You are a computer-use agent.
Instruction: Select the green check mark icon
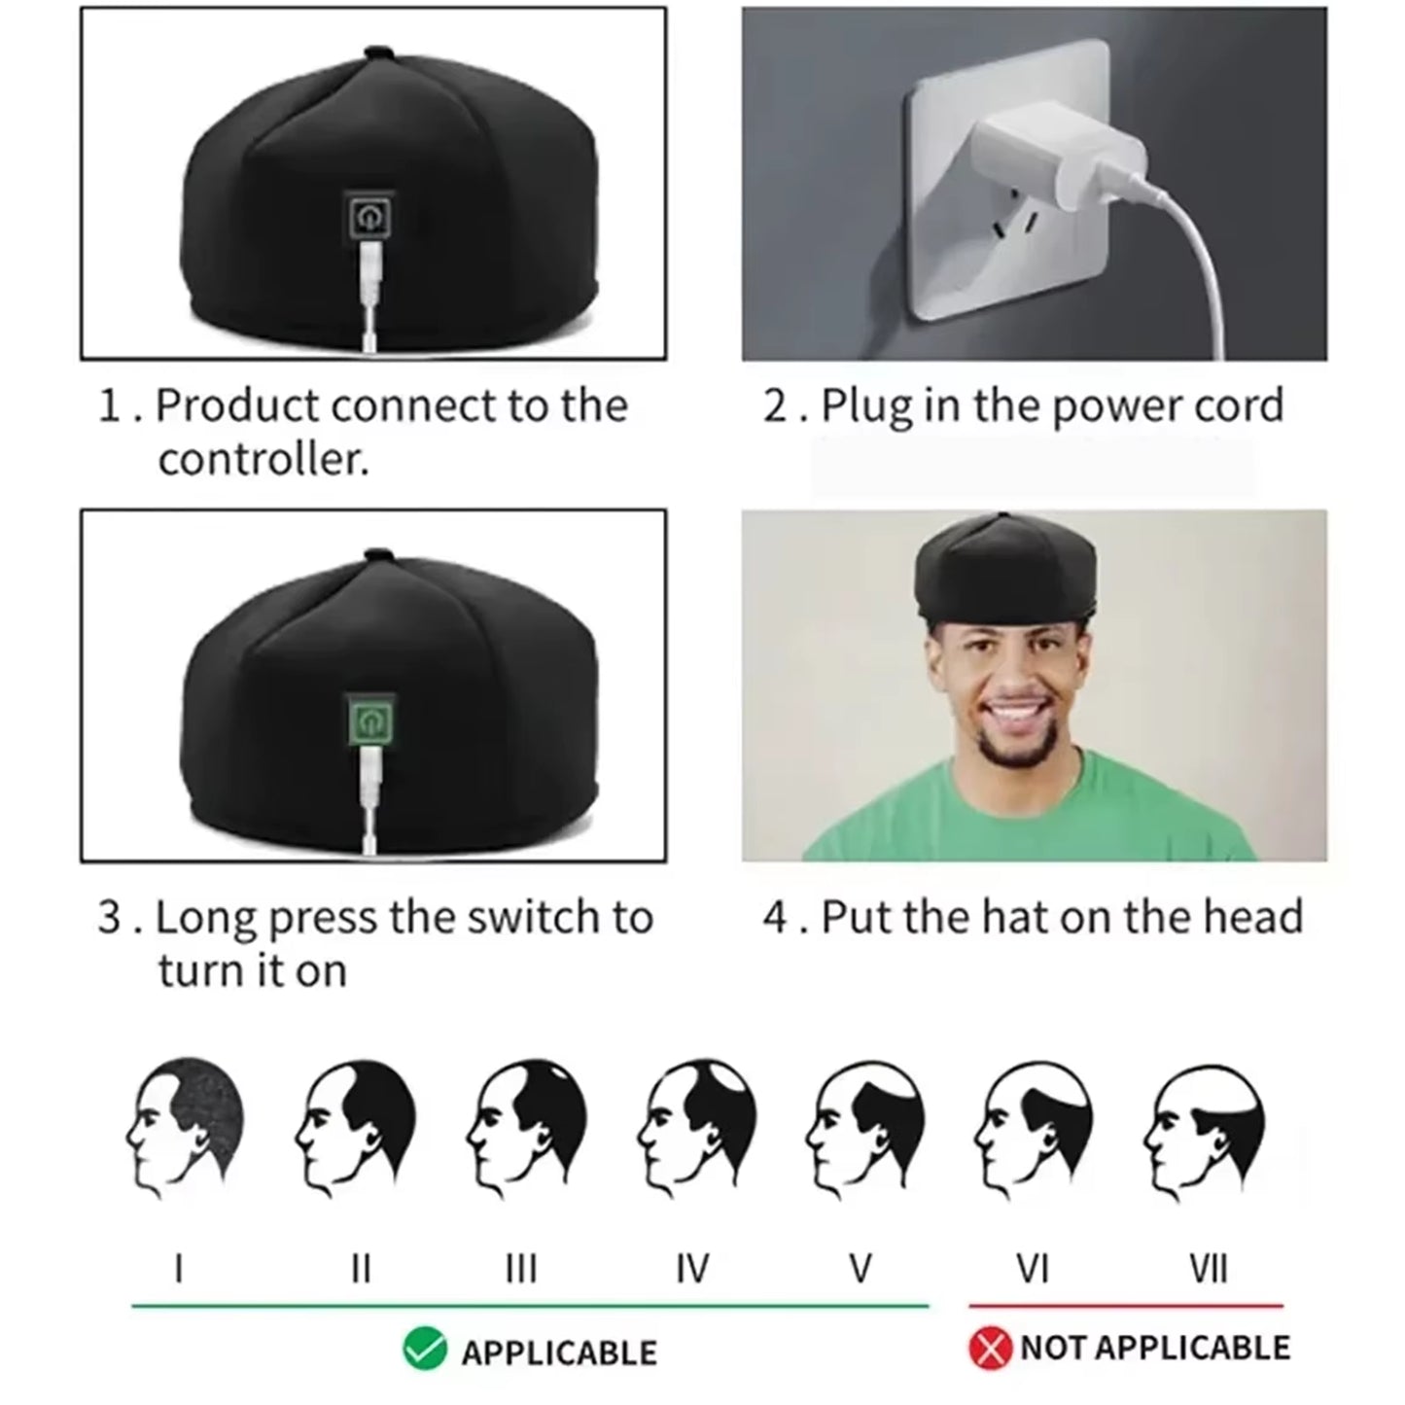[x=425, y=1349]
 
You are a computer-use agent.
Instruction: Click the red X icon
[x=991, y=1349]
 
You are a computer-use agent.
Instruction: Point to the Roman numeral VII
[x=1208, y=1268]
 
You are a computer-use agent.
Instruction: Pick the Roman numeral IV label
[x=691, y=1268]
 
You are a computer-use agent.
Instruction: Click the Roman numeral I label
[x=178, y=1268]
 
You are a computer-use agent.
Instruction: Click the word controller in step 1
[x=263, y=459]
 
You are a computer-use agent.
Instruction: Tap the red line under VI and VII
[x=1125, y=1306]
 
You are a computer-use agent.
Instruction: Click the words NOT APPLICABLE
[x=1155, y=1349]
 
